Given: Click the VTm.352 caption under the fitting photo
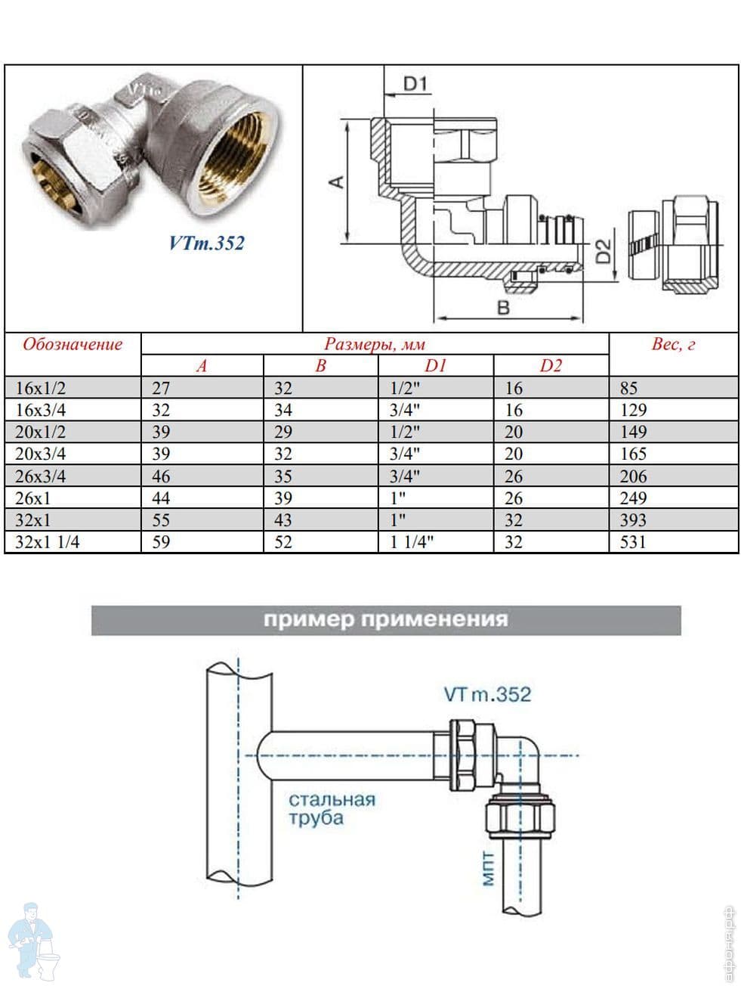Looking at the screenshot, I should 206,243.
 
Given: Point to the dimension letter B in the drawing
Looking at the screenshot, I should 503,307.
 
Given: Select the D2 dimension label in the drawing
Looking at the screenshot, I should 603,252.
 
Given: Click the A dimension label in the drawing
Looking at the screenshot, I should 338,181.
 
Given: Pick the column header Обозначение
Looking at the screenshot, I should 73,345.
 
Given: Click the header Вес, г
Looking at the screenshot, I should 672,345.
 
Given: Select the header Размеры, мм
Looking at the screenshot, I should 375,345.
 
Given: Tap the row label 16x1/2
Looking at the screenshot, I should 41,389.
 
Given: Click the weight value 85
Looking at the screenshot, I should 628,389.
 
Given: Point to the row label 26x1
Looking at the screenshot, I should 36,498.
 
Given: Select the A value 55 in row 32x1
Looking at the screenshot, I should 161,520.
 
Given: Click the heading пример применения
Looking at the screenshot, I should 385,620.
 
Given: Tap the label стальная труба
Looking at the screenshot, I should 331,808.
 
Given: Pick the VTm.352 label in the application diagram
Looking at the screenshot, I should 487,694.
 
